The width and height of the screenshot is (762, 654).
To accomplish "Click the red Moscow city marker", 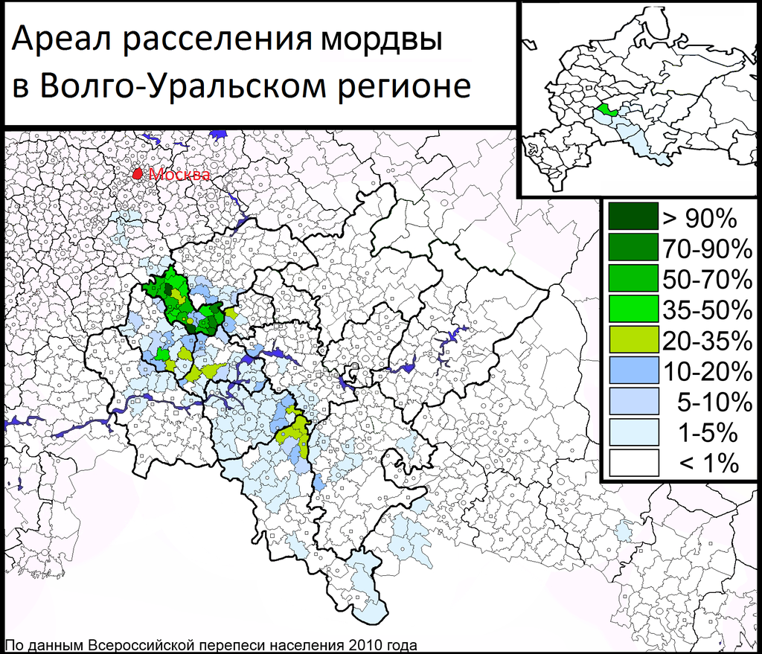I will click(x=138, y=173).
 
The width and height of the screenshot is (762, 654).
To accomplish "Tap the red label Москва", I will click(x=179, y=176).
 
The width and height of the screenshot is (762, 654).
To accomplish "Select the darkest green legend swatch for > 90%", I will click(x=633, y=217).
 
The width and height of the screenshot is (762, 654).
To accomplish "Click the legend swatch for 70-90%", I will click(x=633, y=247).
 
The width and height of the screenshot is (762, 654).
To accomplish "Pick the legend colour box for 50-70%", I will click(x=633, y=278).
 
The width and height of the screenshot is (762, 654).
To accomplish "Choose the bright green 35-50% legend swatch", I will click(x=633, y=308).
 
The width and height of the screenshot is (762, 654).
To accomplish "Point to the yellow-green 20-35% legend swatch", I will click(x=633, y=339).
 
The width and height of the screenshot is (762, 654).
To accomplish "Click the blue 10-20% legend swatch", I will click(x=633, y=370).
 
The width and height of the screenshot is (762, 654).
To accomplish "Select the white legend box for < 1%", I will click(x=633, y=463).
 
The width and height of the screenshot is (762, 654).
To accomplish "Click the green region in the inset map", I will click(x=606, y=110).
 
